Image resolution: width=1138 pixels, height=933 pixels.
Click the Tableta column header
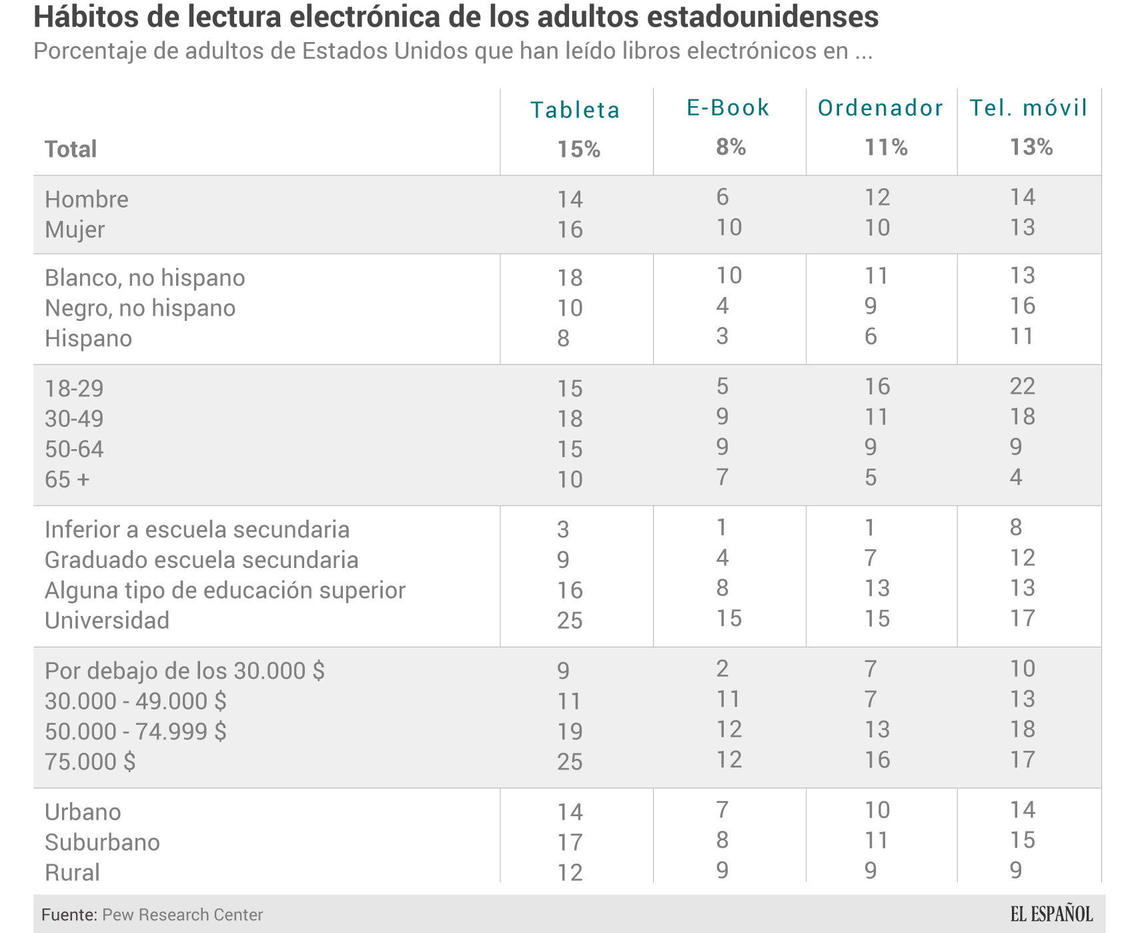pos(575,110)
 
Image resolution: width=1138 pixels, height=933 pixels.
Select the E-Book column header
pos(728,107)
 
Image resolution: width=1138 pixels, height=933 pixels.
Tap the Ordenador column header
pos(881,108)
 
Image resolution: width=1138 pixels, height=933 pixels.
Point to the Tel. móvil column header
pos(1028,107)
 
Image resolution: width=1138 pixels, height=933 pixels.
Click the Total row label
pos(71,149)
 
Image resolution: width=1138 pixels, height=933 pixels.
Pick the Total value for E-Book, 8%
pos(730,147)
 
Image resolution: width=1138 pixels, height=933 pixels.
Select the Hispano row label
pos(88,338)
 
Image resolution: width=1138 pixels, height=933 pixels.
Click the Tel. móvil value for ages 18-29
pos(1022,386)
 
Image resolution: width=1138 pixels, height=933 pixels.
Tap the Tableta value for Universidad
pos(570,621)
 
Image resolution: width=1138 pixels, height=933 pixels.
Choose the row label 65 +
pos(67,479)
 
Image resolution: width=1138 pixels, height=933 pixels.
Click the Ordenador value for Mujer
pos(877,228)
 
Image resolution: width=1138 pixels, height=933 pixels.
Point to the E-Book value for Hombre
pos(722,197)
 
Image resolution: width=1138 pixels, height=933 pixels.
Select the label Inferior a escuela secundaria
pos(197,529)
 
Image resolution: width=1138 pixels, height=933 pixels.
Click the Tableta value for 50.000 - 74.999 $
pos(570,731)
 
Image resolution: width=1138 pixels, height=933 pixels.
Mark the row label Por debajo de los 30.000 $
pos(184,670)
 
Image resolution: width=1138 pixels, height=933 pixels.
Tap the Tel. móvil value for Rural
pos(1015,870)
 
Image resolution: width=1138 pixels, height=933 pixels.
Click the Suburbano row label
pos(102,842)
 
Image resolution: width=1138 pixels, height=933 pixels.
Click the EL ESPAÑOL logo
pos(1051,914)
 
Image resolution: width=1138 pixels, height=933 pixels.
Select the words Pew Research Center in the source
pos(182,914)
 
